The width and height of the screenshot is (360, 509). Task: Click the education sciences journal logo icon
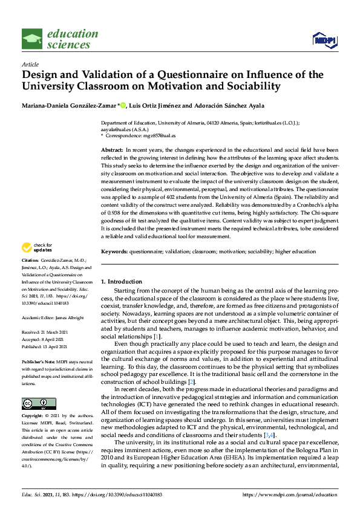click(32, 39)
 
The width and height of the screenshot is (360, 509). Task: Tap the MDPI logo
click(324, 40)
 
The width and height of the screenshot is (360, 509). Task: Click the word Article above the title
click(30, 64)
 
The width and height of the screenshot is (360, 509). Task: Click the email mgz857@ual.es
click(160, 135)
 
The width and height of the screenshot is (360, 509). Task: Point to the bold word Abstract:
click(112, 149)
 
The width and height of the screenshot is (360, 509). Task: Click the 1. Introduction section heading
click(121, 282)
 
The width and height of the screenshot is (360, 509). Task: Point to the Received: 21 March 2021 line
click(44, 332)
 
